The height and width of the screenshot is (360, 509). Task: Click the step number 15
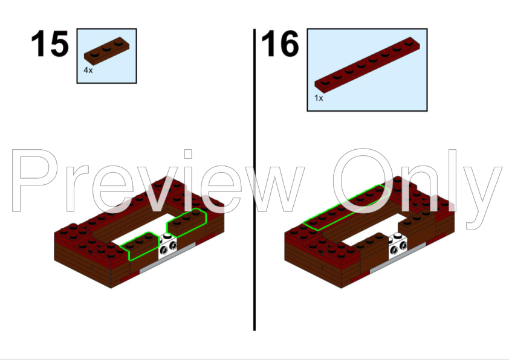50,43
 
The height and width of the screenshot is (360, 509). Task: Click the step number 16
280,43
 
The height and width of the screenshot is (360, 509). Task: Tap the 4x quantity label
88,70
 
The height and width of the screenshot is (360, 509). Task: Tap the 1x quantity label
319,98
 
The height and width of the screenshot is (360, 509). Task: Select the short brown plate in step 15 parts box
106,51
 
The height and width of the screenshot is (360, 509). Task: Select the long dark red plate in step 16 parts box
367,65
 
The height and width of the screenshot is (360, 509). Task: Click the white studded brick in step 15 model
168,246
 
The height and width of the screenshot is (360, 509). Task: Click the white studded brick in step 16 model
398,246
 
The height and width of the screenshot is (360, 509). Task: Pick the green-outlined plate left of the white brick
140,245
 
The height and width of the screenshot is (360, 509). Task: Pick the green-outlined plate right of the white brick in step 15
186,223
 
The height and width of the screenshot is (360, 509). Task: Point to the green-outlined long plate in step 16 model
346,208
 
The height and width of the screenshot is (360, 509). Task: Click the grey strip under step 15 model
167,257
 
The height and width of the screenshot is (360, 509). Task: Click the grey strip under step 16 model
398,257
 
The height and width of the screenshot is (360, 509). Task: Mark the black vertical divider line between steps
254,179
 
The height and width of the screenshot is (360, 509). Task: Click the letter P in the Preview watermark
34,181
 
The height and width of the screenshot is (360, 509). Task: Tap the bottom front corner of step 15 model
111,288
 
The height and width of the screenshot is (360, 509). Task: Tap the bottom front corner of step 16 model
341,288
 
